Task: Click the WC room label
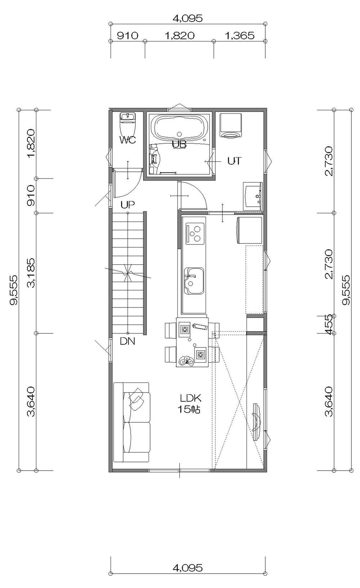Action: (x=127, y=140)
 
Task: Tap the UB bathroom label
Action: (x=179, y=144)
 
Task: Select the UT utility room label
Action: (x=234, y=161)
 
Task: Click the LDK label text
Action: (x=190, y=398)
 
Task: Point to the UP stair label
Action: (x=127, y=205)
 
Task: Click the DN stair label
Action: (x=127, y=341)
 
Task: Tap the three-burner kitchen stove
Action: (x=195, y=233)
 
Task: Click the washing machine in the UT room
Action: (x=230, y=125)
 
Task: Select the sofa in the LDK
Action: (x=132, y=422)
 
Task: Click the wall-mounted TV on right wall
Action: (x=256, y=422)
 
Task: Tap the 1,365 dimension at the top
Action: (x=239, y=35)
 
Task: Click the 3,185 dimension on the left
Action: (x=32, y=273)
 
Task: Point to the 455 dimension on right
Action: (x=329, y=324)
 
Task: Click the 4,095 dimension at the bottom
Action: (x=188, y=568)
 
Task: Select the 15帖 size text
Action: (x=189, y=409)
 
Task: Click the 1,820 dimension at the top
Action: (x=179, y=35)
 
